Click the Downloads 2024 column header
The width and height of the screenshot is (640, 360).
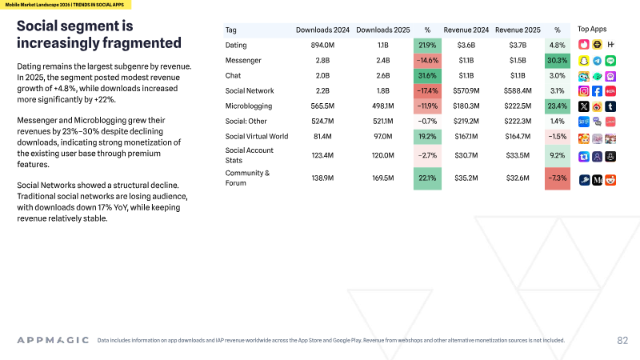322,30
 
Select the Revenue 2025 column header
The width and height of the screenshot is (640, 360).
518,30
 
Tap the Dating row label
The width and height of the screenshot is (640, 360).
236,46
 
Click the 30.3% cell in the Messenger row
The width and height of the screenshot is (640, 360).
557,61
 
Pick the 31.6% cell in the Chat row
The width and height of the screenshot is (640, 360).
427,75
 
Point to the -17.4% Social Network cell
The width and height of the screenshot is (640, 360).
427,90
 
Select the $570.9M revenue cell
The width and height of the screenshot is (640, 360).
466,90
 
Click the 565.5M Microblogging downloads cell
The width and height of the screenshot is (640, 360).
322,106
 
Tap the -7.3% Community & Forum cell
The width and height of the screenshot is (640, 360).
557,178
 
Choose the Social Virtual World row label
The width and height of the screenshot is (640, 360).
257,136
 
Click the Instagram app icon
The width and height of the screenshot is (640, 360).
584,91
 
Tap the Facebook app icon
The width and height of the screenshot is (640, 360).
597,91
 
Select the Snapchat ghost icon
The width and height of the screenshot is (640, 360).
584,61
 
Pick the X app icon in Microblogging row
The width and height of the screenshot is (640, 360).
584,106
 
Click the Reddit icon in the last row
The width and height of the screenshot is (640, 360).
610,180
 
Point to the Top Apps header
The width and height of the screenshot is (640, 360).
592,29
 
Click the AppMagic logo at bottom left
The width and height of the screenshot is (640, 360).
53,340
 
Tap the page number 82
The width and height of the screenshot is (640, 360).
622,341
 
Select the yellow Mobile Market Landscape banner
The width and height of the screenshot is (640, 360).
66,5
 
